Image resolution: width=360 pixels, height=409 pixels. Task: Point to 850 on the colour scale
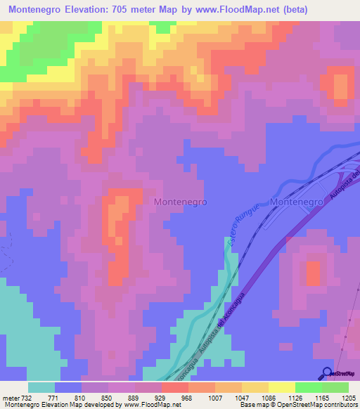pos(110,397)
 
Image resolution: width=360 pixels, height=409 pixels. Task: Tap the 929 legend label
pos(165,397)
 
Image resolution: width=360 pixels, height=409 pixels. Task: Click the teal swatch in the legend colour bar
pos(41,387)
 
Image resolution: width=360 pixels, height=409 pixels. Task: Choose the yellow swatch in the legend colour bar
pos(281,387)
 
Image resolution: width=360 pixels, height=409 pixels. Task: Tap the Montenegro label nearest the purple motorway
pos(296,201)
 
